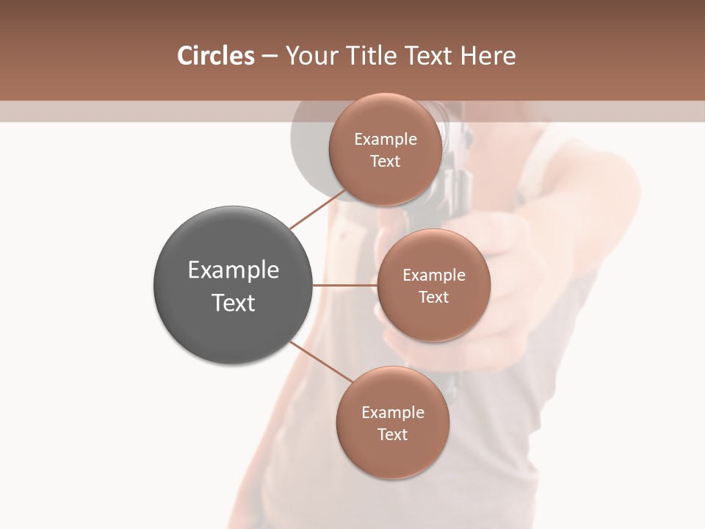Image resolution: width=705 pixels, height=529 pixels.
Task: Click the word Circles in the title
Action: click(215, 56)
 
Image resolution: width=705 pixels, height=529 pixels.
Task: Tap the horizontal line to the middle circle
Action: click(345, 285)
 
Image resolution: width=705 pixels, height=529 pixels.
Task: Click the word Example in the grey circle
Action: click(234, 270)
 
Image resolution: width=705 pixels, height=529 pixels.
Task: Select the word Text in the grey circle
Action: click(234, 303)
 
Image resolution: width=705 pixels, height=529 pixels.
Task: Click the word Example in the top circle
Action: click(386, 140)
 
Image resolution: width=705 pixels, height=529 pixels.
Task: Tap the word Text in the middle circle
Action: click(433, 298)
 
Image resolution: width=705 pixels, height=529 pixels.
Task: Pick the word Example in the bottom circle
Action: click(393, 413)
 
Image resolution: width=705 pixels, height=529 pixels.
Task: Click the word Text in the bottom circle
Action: click(392, 435)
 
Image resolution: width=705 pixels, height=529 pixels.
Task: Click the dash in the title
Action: click(270, 57)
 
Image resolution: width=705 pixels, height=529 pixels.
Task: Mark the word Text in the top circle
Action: click(385, 162)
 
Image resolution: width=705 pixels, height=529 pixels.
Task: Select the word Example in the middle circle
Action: click(434, 276)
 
